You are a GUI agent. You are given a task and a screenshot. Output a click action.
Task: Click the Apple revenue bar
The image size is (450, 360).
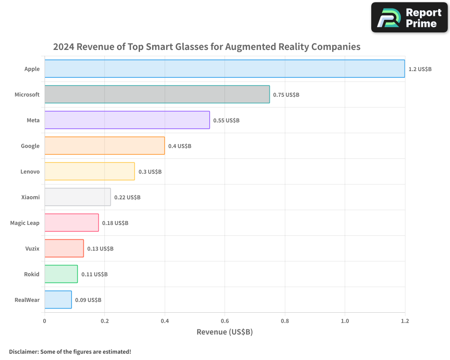[225, 69]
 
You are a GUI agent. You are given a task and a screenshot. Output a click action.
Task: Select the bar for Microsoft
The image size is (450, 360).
[157, 94]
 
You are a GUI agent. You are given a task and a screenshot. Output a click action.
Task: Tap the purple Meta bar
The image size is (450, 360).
[127, 120]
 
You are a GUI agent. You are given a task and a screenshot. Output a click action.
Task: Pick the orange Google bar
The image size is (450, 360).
[104, 146]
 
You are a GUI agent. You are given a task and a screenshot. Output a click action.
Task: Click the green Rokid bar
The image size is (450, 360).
[61, 274]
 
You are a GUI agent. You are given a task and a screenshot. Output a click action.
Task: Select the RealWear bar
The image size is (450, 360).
[58, 300]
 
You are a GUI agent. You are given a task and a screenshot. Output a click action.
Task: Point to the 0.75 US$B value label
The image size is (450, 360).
[286, 95]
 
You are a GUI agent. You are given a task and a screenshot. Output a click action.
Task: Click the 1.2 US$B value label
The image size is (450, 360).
[420, 69]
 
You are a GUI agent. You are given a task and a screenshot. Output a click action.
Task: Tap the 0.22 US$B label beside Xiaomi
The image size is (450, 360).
[127, 198]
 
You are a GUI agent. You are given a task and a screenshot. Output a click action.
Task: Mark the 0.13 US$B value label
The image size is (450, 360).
[100, 249]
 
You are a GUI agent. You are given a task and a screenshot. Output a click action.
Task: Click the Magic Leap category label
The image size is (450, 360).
[25, 223]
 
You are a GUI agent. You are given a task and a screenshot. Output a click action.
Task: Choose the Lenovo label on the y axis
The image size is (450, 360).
[30, 172]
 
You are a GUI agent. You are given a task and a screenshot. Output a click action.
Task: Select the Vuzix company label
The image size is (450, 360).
[32, 249]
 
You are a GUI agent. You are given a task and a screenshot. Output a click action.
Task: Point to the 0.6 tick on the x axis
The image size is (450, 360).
[225, 321]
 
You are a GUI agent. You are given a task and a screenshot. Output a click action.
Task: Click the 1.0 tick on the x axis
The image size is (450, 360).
[345, 321]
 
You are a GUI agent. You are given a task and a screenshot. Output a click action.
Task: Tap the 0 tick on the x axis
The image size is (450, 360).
[45, 321]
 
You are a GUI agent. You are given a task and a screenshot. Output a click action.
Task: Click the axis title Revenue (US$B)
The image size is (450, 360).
[225, 332]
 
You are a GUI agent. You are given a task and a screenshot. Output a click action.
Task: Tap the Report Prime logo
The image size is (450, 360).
[409, 18]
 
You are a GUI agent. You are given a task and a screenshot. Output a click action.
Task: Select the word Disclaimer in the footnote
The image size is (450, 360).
[23, 352]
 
